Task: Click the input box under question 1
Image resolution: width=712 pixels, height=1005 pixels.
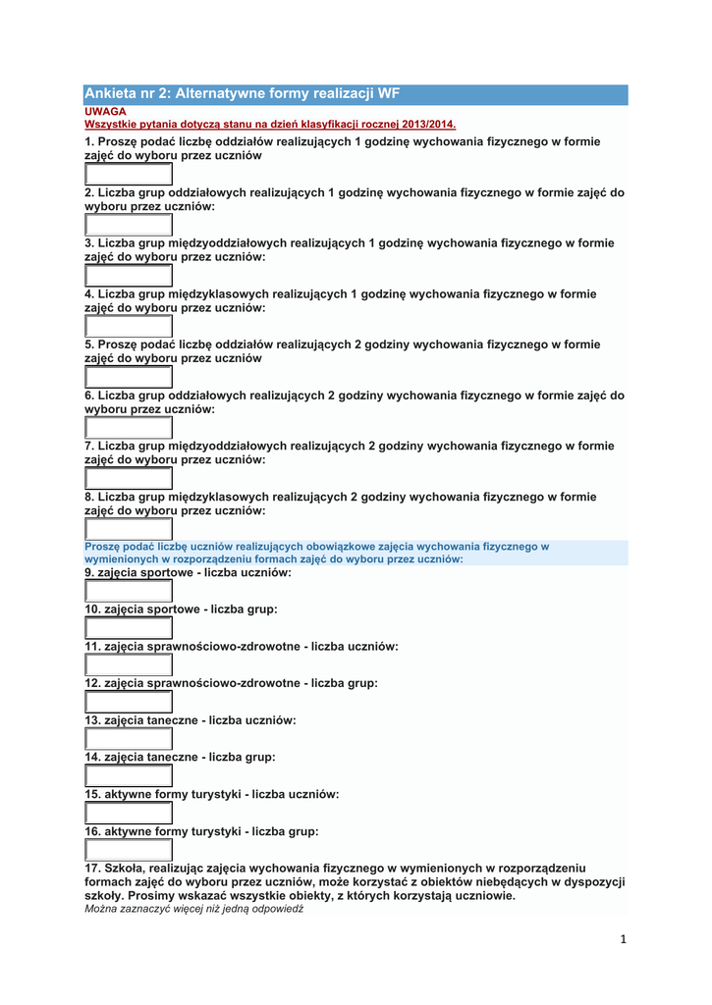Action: (x=129, y=175)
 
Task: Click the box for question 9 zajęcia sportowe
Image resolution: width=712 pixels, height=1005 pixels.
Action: (x=129, y=591)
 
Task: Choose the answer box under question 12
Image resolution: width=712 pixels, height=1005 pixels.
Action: (x=129, y=702)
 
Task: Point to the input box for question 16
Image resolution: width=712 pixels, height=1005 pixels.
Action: (x=129, y=850)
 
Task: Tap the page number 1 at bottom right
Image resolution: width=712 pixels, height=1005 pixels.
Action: (x=624, y=939)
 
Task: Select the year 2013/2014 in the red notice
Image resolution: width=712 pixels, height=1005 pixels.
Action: (x=427, y=125)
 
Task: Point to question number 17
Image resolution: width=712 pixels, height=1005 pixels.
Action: (x=94, y=868)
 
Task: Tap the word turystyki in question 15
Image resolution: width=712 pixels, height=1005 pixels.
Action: (x=210, y=794)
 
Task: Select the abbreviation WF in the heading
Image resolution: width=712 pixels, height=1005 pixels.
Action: (x=389, y=94)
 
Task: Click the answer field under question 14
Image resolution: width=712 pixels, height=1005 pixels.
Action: (x=129, y=775)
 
